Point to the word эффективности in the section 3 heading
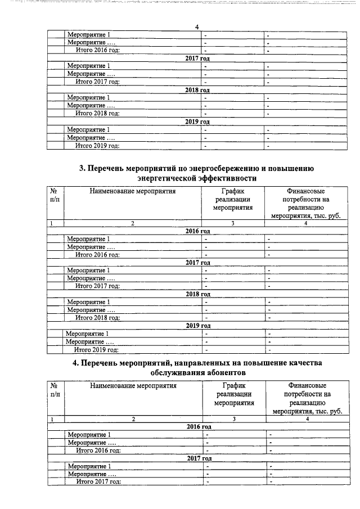pos(229,178)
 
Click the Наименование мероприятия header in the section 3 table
pos(132,191)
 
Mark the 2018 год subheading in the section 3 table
pos(197,294)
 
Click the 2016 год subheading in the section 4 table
pos(199,427)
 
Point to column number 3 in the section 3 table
pos(232,223)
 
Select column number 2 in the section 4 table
pos(133,419)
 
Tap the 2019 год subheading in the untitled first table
pos(197,121)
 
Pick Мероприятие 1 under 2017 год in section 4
pos(89,466)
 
